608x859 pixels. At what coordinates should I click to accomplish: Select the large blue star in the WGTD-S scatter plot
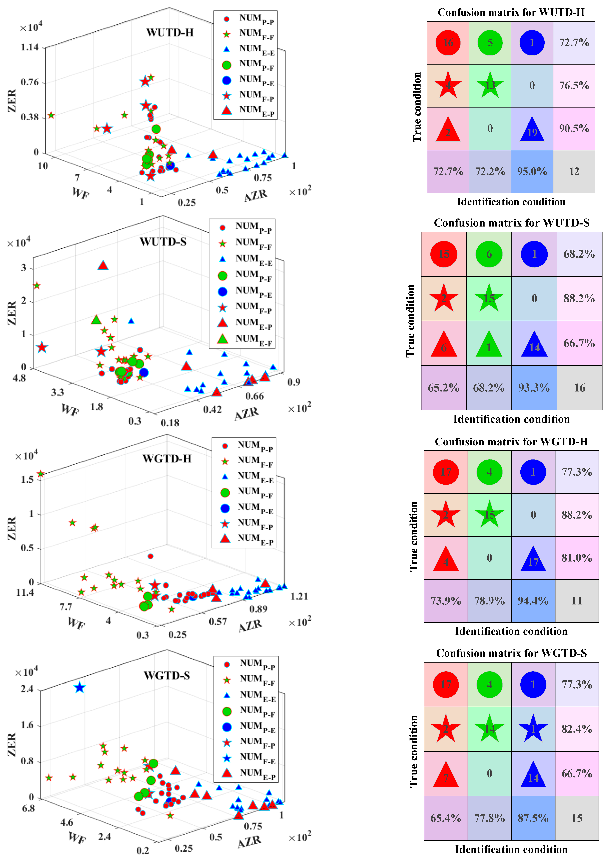coord(79,688)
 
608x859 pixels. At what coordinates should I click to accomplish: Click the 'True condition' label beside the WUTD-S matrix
coord(411,321)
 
